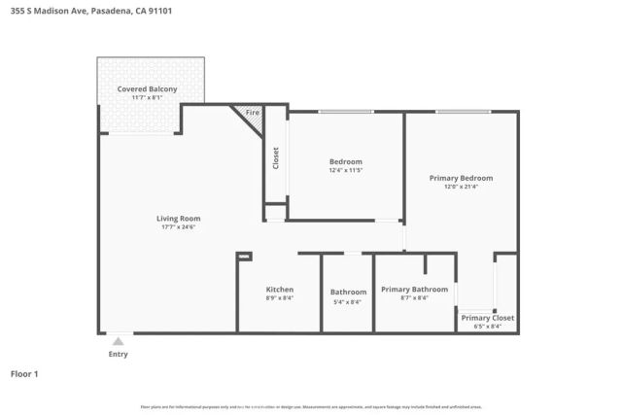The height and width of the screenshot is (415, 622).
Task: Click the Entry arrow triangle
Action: point(118,341)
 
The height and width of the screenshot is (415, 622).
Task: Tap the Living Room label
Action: point(178,219)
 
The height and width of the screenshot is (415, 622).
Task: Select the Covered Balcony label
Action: point(147,89)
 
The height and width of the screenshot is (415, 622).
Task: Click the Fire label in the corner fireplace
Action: point(253,114)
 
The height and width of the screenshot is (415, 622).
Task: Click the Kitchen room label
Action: point(279,290)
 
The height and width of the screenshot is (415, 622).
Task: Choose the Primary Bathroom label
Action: point(414,290)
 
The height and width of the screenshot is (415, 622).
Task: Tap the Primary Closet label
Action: point(488,318)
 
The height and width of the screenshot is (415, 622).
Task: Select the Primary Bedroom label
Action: point(461,178)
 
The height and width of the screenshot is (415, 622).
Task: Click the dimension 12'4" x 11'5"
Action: point(345,170)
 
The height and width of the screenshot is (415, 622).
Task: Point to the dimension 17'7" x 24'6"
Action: point(178,227)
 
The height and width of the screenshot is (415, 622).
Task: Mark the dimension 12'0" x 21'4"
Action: point(461,187)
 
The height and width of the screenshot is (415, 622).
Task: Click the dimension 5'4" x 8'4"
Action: point(347,301)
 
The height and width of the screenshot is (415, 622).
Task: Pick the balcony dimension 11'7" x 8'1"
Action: point(147,98)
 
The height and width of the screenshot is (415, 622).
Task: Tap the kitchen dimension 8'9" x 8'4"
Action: point(279,298)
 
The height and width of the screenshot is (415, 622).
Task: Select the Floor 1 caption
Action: point(24,373)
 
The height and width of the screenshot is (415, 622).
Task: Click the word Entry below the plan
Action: point(118,355)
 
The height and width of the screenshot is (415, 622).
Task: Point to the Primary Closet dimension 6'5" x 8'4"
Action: point(488,327)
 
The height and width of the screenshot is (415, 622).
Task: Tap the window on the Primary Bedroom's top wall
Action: point(463,112)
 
